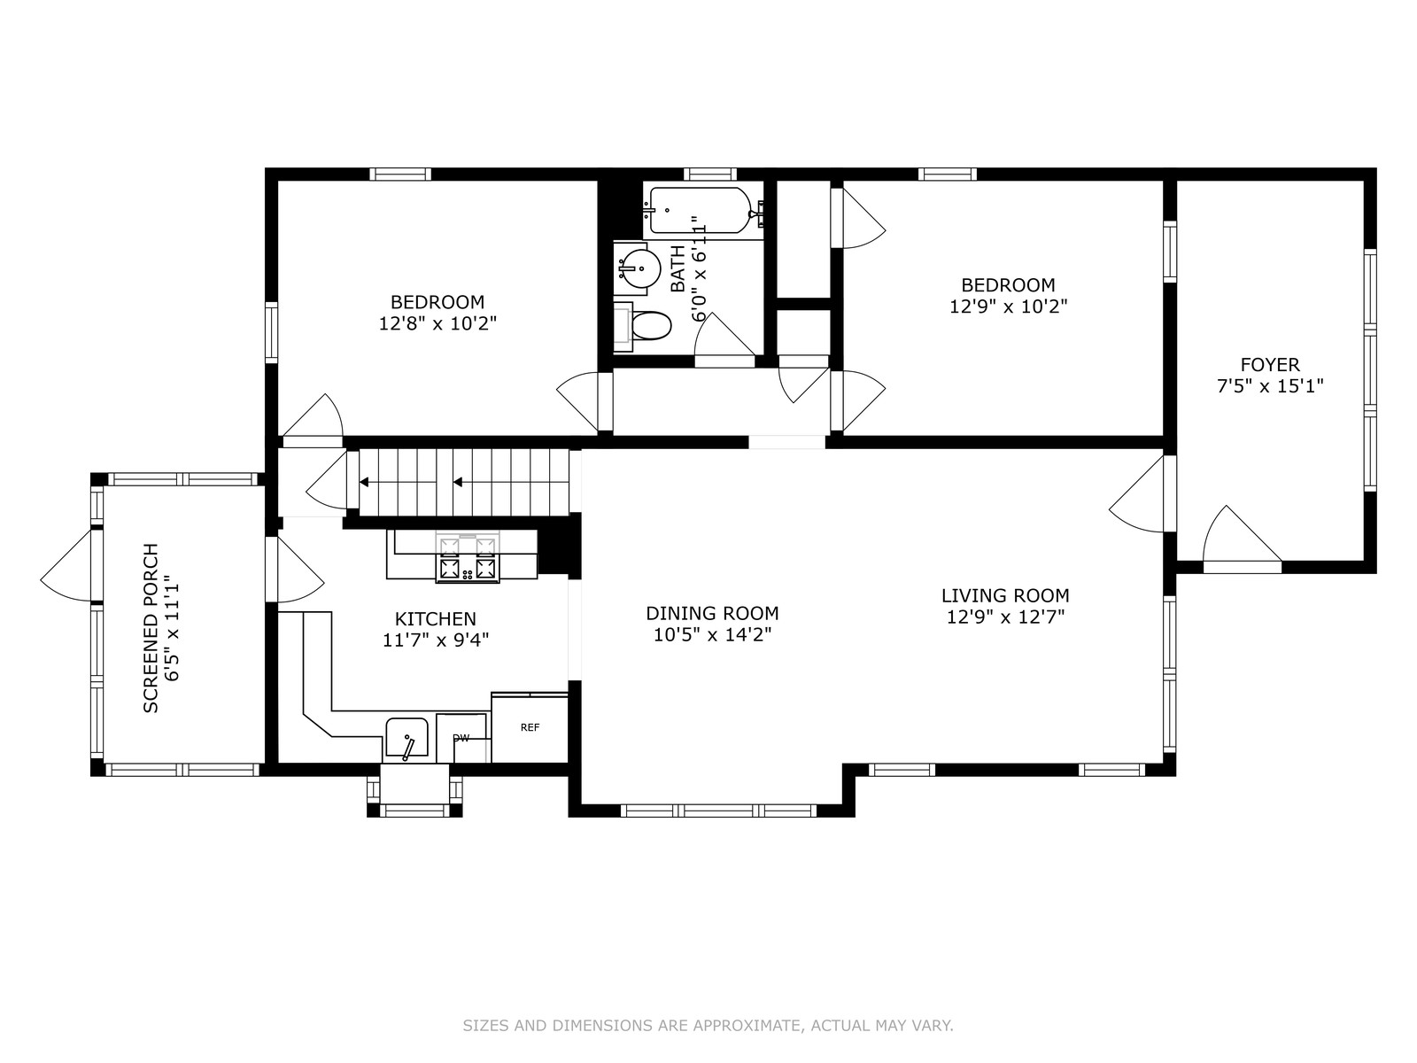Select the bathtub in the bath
[703, 211]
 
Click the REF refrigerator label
[530, 727]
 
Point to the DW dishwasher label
[461, 739]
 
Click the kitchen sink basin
[407, 737]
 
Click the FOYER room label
[1270, 365]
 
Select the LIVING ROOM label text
[1005, 595]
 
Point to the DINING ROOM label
[712, 612]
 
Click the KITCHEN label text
[435, 619]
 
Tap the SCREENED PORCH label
[151, 628]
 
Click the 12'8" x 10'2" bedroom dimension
[437, 322]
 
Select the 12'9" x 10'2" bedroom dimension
[1008, 306]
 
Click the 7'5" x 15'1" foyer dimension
[1270, 386]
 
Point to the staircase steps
[463, 482]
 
